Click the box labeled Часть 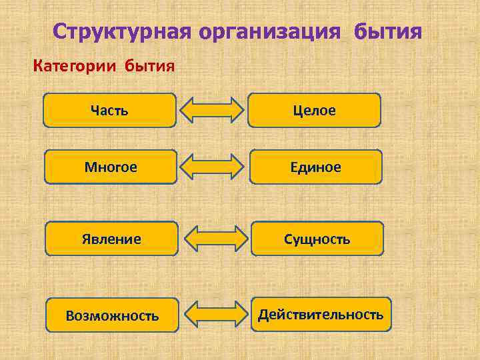[110, 110]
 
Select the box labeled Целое [314, 110]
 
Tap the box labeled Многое [111, 167]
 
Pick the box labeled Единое [316, 167]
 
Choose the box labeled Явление [112, 239]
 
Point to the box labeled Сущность [317, 239]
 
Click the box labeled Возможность [112, 315]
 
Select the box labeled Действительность [321, 314]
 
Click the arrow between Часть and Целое [213, 111]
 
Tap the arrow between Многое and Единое [213, 167]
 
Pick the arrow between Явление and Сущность [215, 239]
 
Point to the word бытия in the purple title [388, 31]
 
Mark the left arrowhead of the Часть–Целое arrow [191, 111]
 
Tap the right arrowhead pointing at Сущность [237, 239]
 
